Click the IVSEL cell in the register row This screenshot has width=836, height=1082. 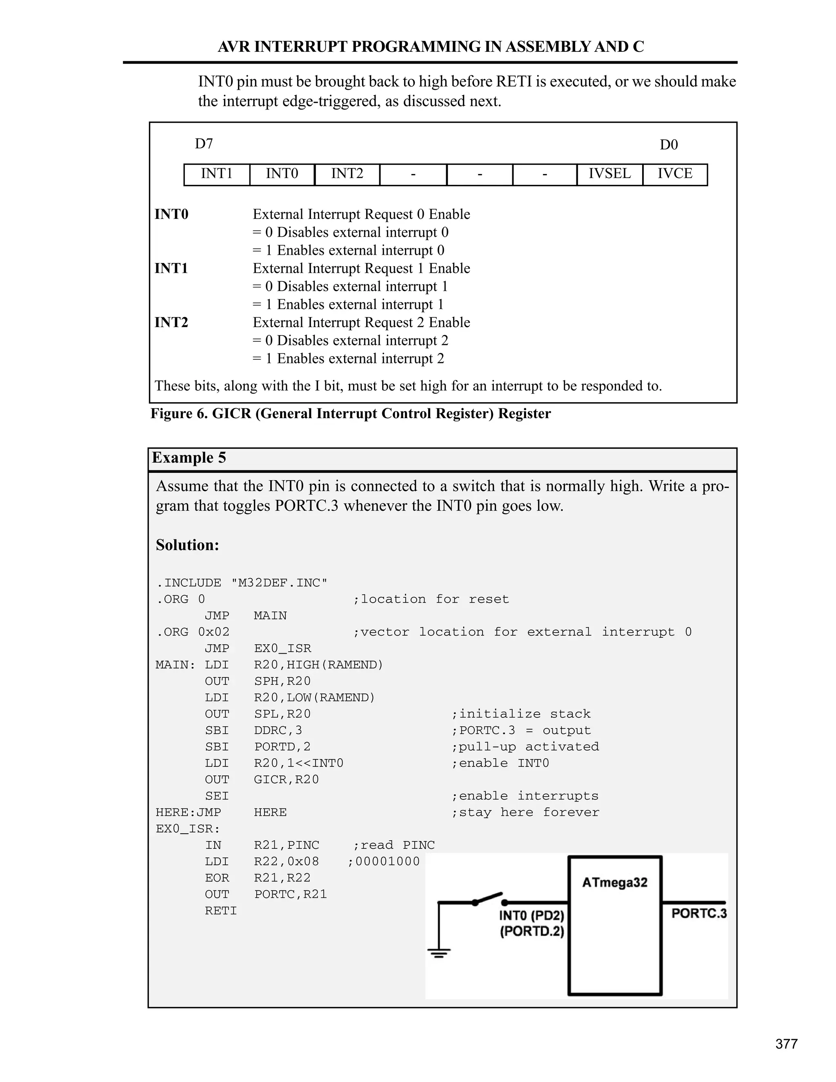[x=610, y=174]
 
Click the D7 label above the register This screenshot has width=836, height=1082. [x=204, y=144]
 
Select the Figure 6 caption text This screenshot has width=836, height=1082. [x=350, y=414]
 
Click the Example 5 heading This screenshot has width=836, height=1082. [x=189, y=458]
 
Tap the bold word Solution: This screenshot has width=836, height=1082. [x=187, y=545]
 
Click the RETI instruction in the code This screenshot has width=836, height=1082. [x=221, y=911]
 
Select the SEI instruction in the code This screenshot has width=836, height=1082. [x=217, y=796]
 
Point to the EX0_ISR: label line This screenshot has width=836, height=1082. [x=188, y=829]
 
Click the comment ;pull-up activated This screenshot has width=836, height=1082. [x=525, y=747]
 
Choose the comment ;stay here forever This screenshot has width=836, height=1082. [x=525, y=813]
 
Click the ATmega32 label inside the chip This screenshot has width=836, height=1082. [x=615, y=883]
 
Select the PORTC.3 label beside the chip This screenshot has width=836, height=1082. [x=699, y=913]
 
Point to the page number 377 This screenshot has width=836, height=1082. [x=786, y=1044]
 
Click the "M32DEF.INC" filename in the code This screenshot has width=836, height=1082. [x=279, y=583]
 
